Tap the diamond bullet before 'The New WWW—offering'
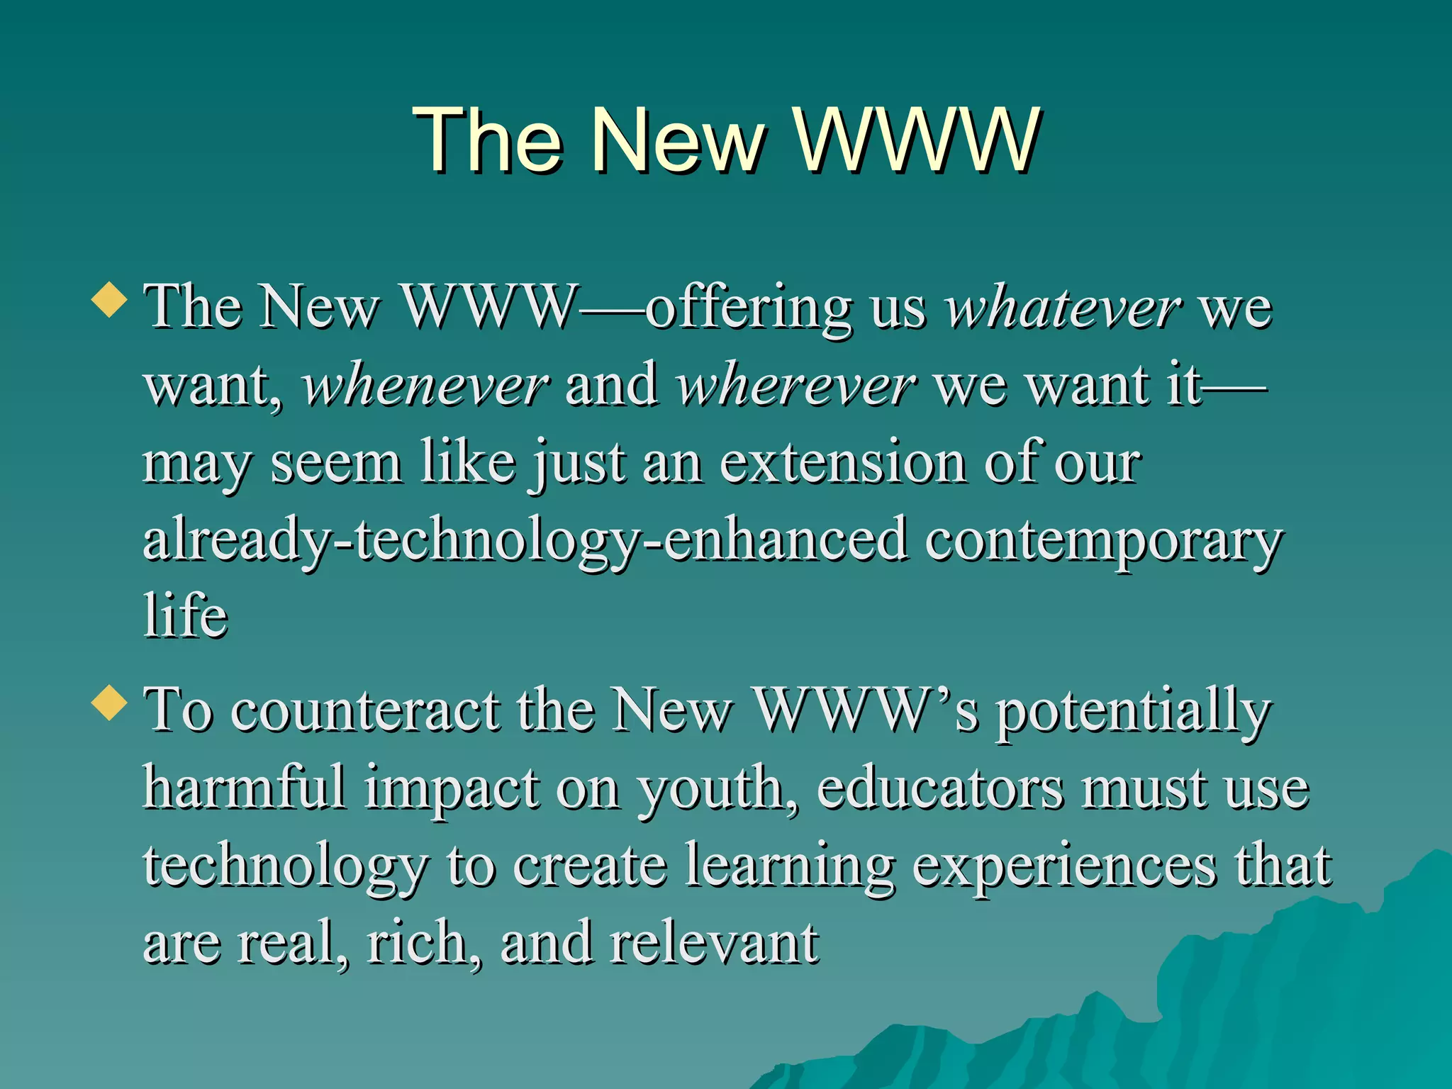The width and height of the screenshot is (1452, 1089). click(109, 299)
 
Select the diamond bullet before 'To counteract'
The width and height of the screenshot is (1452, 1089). click(109, 702)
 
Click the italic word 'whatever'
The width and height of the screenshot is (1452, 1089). click(1063, 308)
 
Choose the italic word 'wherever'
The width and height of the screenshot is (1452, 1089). click(796, 386)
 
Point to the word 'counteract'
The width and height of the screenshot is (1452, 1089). click(366, 711)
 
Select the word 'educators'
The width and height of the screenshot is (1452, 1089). click(940, 788)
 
